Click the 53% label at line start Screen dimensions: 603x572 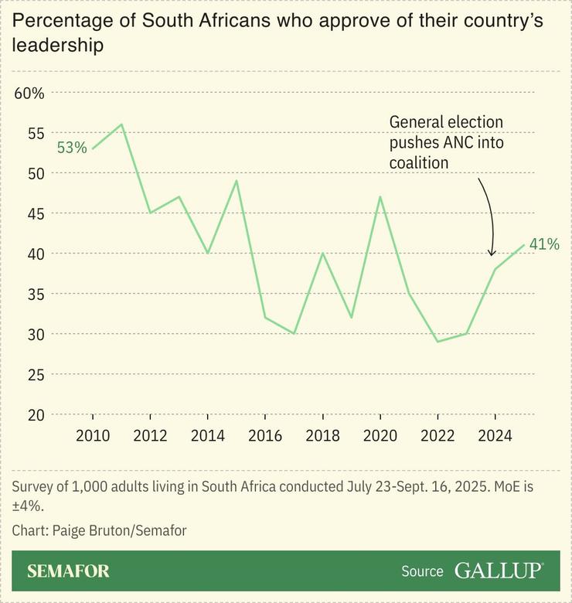(71, 148)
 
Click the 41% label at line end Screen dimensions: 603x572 (544, 244)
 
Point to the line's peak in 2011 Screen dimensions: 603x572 (121, 124)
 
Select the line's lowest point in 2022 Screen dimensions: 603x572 (438, 342)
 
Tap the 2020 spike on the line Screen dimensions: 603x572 (380, 196)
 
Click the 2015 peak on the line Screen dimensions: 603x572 (237, 181)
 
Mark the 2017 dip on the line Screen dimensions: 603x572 (294, 333)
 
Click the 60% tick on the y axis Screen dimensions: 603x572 (29, 93)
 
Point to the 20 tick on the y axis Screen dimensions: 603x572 (36, 414)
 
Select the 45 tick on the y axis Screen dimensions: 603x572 (36, 213)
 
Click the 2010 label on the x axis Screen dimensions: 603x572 (93, 435)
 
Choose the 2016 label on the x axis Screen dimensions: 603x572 (265, 435)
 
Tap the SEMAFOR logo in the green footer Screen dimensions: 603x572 (68, 571)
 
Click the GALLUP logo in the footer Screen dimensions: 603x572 (498, 571)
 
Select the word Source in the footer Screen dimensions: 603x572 (422, 572)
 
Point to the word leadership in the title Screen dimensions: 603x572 (58, 46)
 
